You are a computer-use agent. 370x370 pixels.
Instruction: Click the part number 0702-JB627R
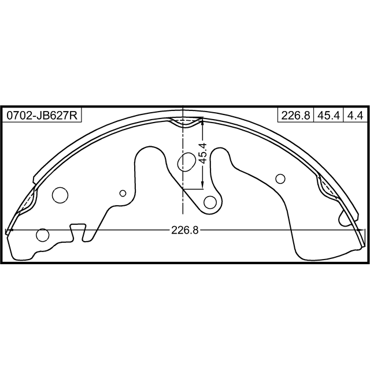click(x=42, y=116)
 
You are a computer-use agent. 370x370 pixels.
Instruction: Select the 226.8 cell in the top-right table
click(x=295, y=116)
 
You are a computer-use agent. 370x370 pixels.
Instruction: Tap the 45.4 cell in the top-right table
click(x=328, y=116)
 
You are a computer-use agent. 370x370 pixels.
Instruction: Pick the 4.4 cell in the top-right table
click(x=355, y=116)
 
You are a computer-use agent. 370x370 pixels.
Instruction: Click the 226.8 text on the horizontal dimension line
click(x=185, y=230)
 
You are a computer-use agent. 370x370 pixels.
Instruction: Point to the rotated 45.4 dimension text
click(x=202, y=153)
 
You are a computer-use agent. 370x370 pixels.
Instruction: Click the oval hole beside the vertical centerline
click(x=186, y=162)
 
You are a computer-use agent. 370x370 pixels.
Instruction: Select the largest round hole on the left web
click(x=60, y=195)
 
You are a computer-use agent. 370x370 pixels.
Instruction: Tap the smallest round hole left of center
click(x=123, y=193)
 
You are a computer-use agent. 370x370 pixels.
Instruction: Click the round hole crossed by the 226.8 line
click(x=43, y=235)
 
